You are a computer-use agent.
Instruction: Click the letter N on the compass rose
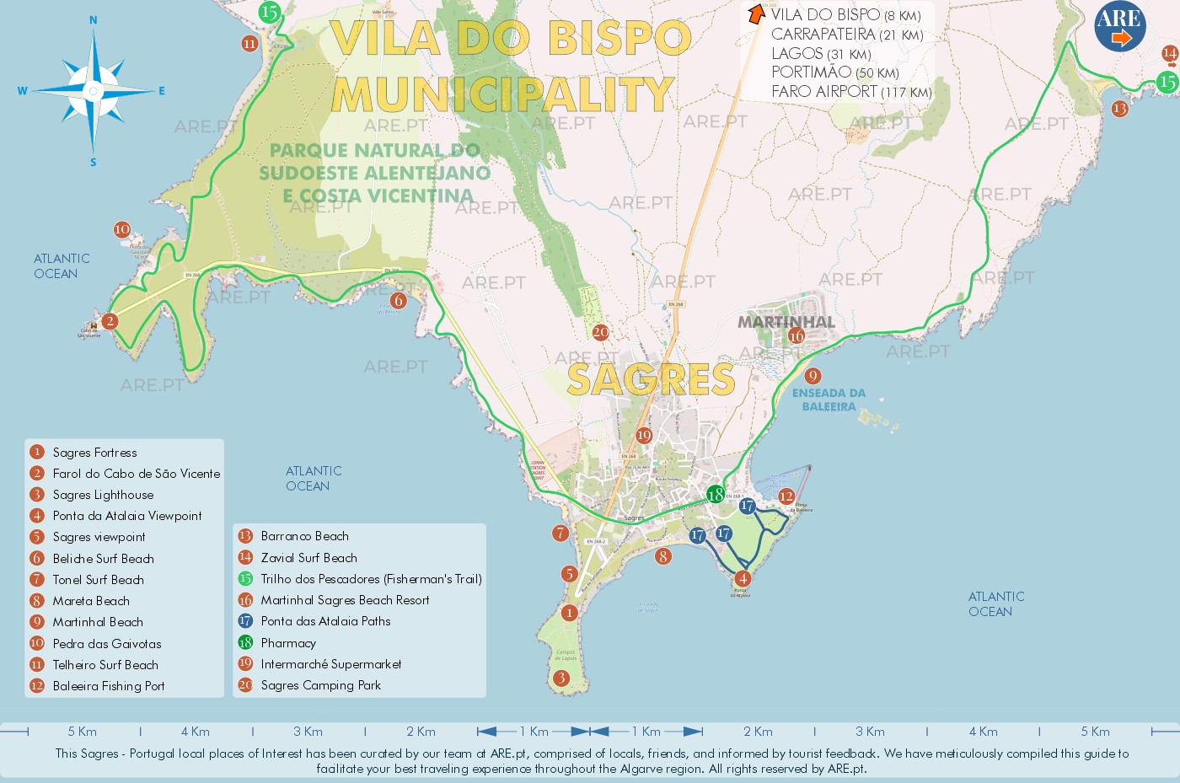[x=93, y=20]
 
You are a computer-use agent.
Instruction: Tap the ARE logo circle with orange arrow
[x=1119, y=26]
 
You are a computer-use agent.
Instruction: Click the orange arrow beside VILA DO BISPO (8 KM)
[x=756, y=14]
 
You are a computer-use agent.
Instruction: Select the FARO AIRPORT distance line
[x=851, y=92]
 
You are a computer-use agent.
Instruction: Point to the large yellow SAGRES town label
[x=651, y=379]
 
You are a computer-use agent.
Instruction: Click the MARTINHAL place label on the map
[x=786, y=322]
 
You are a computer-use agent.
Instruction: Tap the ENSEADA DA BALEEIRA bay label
[x=829, y=400]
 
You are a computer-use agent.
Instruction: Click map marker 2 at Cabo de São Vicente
[x=110, y=320]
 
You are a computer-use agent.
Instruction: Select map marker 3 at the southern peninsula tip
[x=561, y=678]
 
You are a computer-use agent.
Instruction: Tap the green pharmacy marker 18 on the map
[x=716, y=495]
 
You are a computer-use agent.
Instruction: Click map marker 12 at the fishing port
[x=786, y=496]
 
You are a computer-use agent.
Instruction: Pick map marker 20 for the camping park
[x=600, y=332]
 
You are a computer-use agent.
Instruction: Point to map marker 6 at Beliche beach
[x=399, y=300]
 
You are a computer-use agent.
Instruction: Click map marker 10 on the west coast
[x=122, y=229]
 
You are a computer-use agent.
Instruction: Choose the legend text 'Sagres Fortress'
[x=94, y=453]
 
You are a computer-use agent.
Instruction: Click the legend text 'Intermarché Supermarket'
[x=330, y=664]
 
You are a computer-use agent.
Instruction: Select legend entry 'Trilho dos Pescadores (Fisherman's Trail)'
[x=371, y=579]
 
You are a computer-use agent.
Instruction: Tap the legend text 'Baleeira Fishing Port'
[x=109, y=686]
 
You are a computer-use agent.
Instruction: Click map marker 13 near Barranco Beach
[x=1119, y=109]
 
